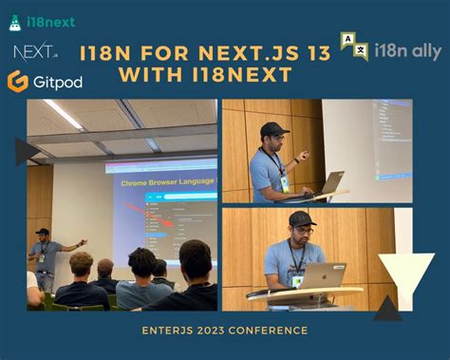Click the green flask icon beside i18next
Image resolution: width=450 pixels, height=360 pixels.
[x=15, y=21]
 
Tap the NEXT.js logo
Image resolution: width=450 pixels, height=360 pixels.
[x=29, y=51]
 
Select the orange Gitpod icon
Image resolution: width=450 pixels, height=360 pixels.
[x=17, y=82]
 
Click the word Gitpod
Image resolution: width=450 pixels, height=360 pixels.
[x=57, y=83]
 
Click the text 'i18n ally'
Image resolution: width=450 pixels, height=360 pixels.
[x=408, y=50]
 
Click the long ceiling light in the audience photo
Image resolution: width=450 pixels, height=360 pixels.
[x=63, y=114]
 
